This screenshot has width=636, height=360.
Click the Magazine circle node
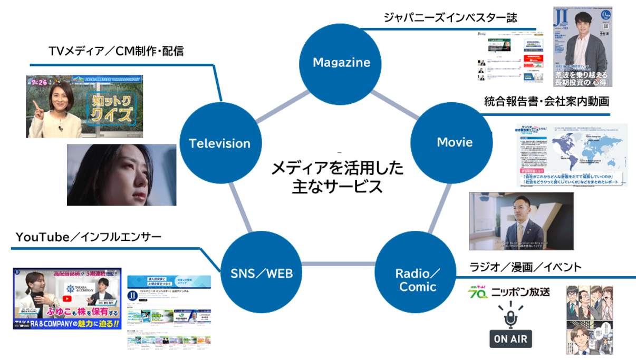(x=341, y=62)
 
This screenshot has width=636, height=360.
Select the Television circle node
(x=219, y=143)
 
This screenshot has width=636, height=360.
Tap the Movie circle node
(x=455, y=142)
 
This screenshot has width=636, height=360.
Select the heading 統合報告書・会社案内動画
(x=546, y=101)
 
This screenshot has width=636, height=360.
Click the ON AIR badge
(x=510, y=338)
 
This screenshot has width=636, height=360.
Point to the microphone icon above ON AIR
(x=510, y=317)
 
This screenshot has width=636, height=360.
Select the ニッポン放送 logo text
(x=520, y=291)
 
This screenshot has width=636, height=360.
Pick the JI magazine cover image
(x=583, y=46)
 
